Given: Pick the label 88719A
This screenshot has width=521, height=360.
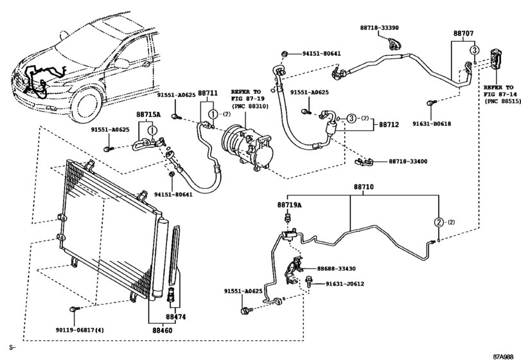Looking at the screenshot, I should (289, 204).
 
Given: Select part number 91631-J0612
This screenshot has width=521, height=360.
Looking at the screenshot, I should (344, 283).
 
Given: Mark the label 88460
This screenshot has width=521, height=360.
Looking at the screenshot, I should (162, 331).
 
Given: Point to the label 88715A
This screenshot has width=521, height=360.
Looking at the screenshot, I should (148, 114).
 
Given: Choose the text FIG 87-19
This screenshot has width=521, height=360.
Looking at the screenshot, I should (245, 100).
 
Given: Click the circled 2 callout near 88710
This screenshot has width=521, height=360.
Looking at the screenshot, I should (439, 222).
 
